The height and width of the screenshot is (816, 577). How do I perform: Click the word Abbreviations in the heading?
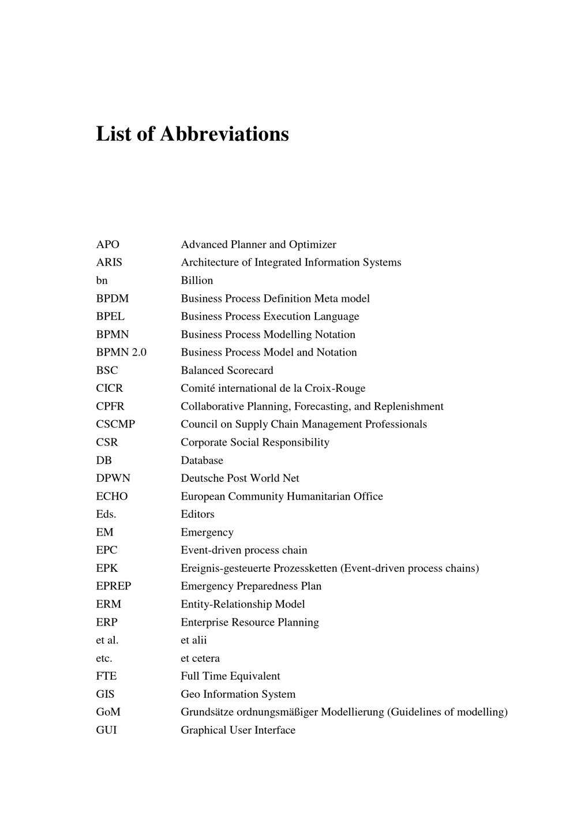(224, 134)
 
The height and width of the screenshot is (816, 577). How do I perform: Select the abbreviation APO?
(107, 245)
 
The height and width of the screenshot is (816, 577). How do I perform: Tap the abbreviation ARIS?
(109, 263)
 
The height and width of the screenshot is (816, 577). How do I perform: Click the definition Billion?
(197, 280)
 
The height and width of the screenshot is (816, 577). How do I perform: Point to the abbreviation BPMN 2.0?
(121, 353)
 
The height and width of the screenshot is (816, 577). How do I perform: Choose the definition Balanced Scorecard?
(227, 370)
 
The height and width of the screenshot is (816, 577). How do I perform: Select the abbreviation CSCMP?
(115, 424)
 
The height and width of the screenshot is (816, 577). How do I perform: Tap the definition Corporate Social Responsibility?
(255, 443)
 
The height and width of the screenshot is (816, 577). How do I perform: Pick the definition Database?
(202, 461)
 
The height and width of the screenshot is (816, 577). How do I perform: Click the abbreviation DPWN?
(113, 478)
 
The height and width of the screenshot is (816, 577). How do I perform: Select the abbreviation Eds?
(106, 514)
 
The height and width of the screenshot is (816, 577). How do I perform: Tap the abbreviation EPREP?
(114, 586)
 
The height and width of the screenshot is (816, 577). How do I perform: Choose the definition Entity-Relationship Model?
(243, 604)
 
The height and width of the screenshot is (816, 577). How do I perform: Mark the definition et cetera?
(200, 658)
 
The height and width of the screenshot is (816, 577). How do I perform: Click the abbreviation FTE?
(106, 676)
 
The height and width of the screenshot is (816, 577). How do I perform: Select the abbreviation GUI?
(106, 730)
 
